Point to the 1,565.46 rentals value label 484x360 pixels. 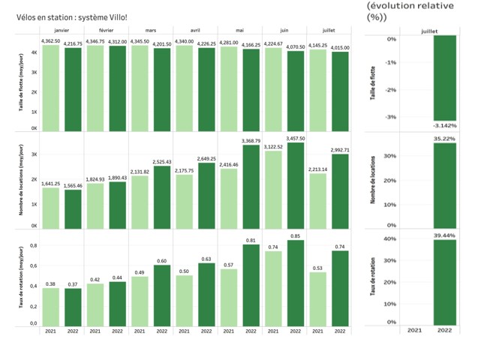point(73,184)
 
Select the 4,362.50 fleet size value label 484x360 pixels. point(50,40)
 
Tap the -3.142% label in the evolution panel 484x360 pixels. point(444,124)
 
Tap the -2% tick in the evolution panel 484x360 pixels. point(390,90)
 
